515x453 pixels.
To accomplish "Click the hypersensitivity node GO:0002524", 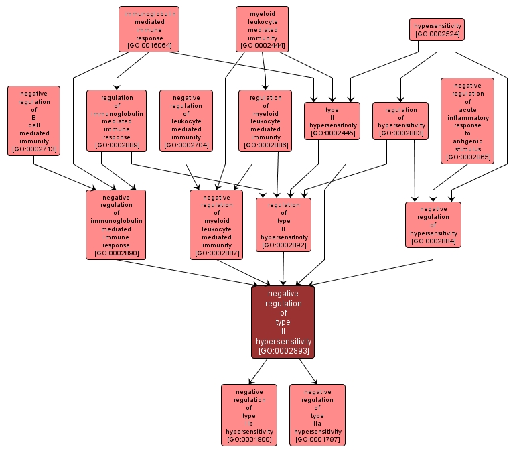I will pyautogui.click(x=437, y=29).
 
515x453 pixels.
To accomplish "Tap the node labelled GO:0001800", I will pyautogui.click(x=248, y=415).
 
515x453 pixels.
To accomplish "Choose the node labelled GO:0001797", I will pyautogui.click(x=317, y=415).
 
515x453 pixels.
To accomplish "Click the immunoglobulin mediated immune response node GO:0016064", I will pyautogui.click(x=149, y=29).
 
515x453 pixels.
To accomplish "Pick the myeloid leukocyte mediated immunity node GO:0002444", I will pyautogui.click(x=262, y=29).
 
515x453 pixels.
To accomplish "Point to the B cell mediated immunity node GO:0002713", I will pyautogui.click(x=33, y=121).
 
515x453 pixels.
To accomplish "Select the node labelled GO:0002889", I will pyautogui.click(x=116, y=121).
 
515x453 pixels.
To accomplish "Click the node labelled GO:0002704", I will pyautogui.click(x=186, y=121).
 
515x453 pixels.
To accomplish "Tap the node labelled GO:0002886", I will pyautogui.click(x=265, y=121).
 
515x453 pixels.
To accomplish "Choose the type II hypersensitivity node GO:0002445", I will pyautogui.click(x=332, y=121).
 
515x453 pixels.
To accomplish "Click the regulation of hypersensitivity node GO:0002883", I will pyautogui.click(x=401, y=121).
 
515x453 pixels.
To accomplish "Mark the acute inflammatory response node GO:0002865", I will pyautogui.click(x=467, y=121).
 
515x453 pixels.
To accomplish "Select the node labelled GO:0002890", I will pyautogui.click(x=116, y=224).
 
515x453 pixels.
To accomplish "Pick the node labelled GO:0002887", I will pyautogui.click(x=216, y=224).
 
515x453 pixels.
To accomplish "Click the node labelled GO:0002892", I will pyautogui.click(x=283, y=224).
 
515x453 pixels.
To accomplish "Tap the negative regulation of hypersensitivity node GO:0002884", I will pyautogui.click(x=433, y=224).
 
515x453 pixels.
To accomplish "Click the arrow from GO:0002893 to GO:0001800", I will pyautogui.click(x=259, y=371).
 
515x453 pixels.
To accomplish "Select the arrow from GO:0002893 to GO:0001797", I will pyautogui.click(x=307, y=371).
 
